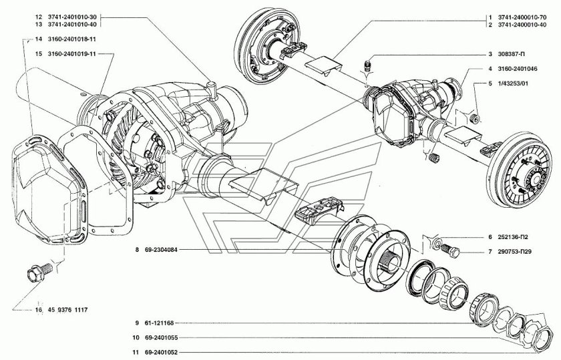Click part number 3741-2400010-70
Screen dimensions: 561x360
pos(522,17)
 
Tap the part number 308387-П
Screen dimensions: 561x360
pos(512,54)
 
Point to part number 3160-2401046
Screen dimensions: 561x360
pos(518,69)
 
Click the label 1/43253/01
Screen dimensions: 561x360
pos(513,83)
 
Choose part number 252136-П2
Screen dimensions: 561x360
pos(513,237)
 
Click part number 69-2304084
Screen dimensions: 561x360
pos(161,250)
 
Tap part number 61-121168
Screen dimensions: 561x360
pos(159,323)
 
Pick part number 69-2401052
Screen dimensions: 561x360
pos(161,353)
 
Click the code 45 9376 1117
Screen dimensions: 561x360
pos(67,310)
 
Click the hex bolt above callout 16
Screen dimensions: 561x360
pos(39,272)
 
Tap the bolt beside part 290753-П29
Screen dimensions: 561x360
pos(450,250)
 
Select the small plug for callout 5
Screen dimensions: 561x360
pos(476,118)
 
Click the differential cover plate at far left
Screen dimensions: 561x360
pos(48,190)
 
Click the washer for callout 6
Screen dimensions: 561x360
pos(437,243)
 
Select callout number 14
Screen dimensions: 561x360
pos(39,39)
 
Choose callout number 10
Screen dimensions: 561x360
pos(136,338)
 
